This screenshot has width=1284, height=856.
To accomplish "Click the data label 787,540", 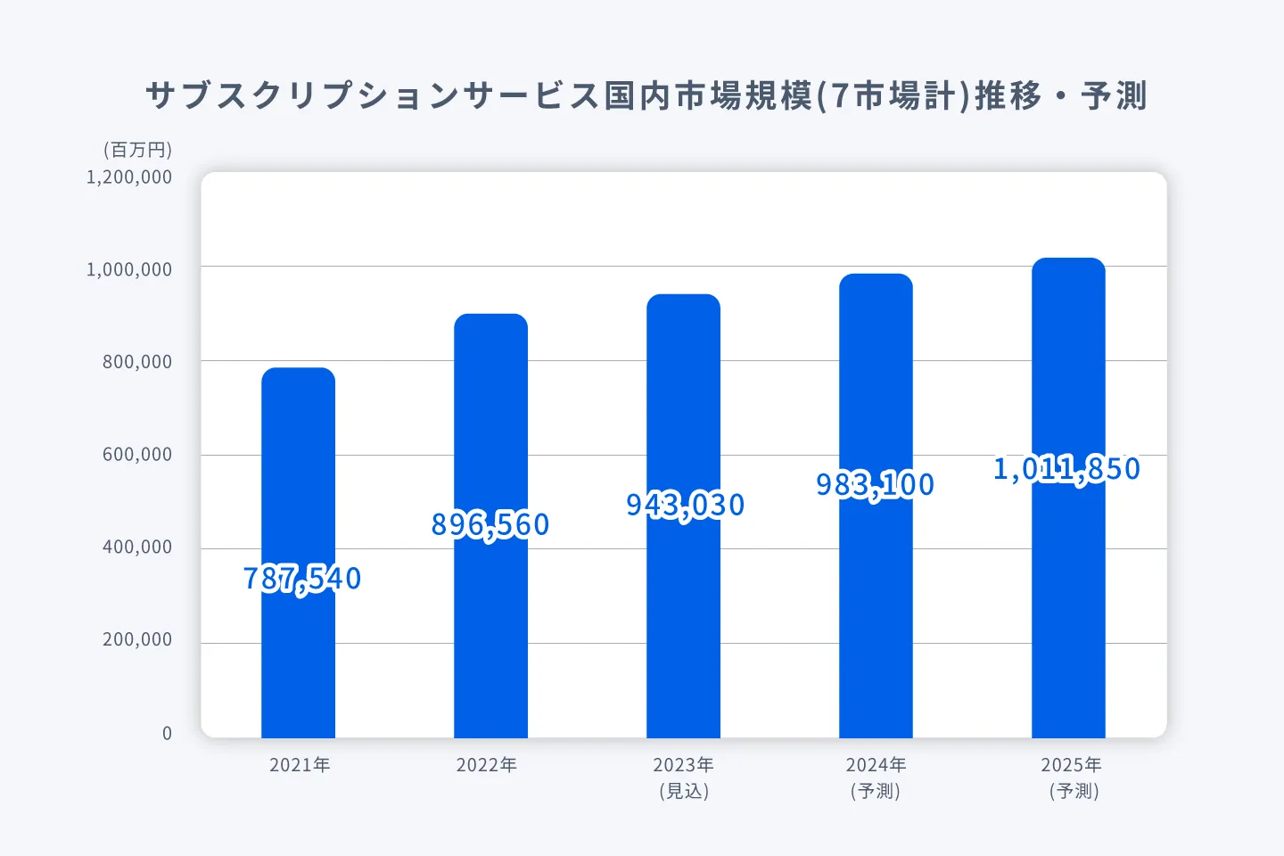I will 302,579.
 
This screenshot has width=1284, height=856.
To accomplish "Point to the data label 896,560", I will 490,524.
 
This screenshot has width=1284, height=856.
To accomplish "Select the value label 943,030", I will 685,505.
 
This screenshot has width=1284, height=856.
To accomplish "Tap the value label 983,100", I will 876,484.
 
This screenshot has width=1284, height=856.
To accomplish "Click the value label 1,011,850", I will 1067,468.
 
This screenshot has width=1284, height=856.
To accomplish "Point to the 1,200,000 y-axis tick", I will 129,177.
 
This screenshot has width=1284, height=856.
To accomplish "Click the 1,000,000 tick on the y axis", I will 129,269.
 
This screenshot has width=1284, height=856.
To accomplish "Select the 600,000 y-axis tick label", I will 136,455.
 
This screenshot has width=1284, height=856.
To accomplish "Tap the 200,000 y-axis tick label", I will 136,640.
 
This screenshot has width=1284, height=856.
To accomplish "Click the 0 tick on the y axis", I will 167,733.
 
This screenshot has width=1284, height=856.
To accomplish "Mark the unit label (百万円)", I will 137,150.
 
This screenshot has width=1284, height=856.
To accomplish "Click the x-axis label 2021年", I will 300,765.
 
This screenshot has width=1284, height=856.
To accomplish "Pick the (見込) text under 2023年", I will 684,791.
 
